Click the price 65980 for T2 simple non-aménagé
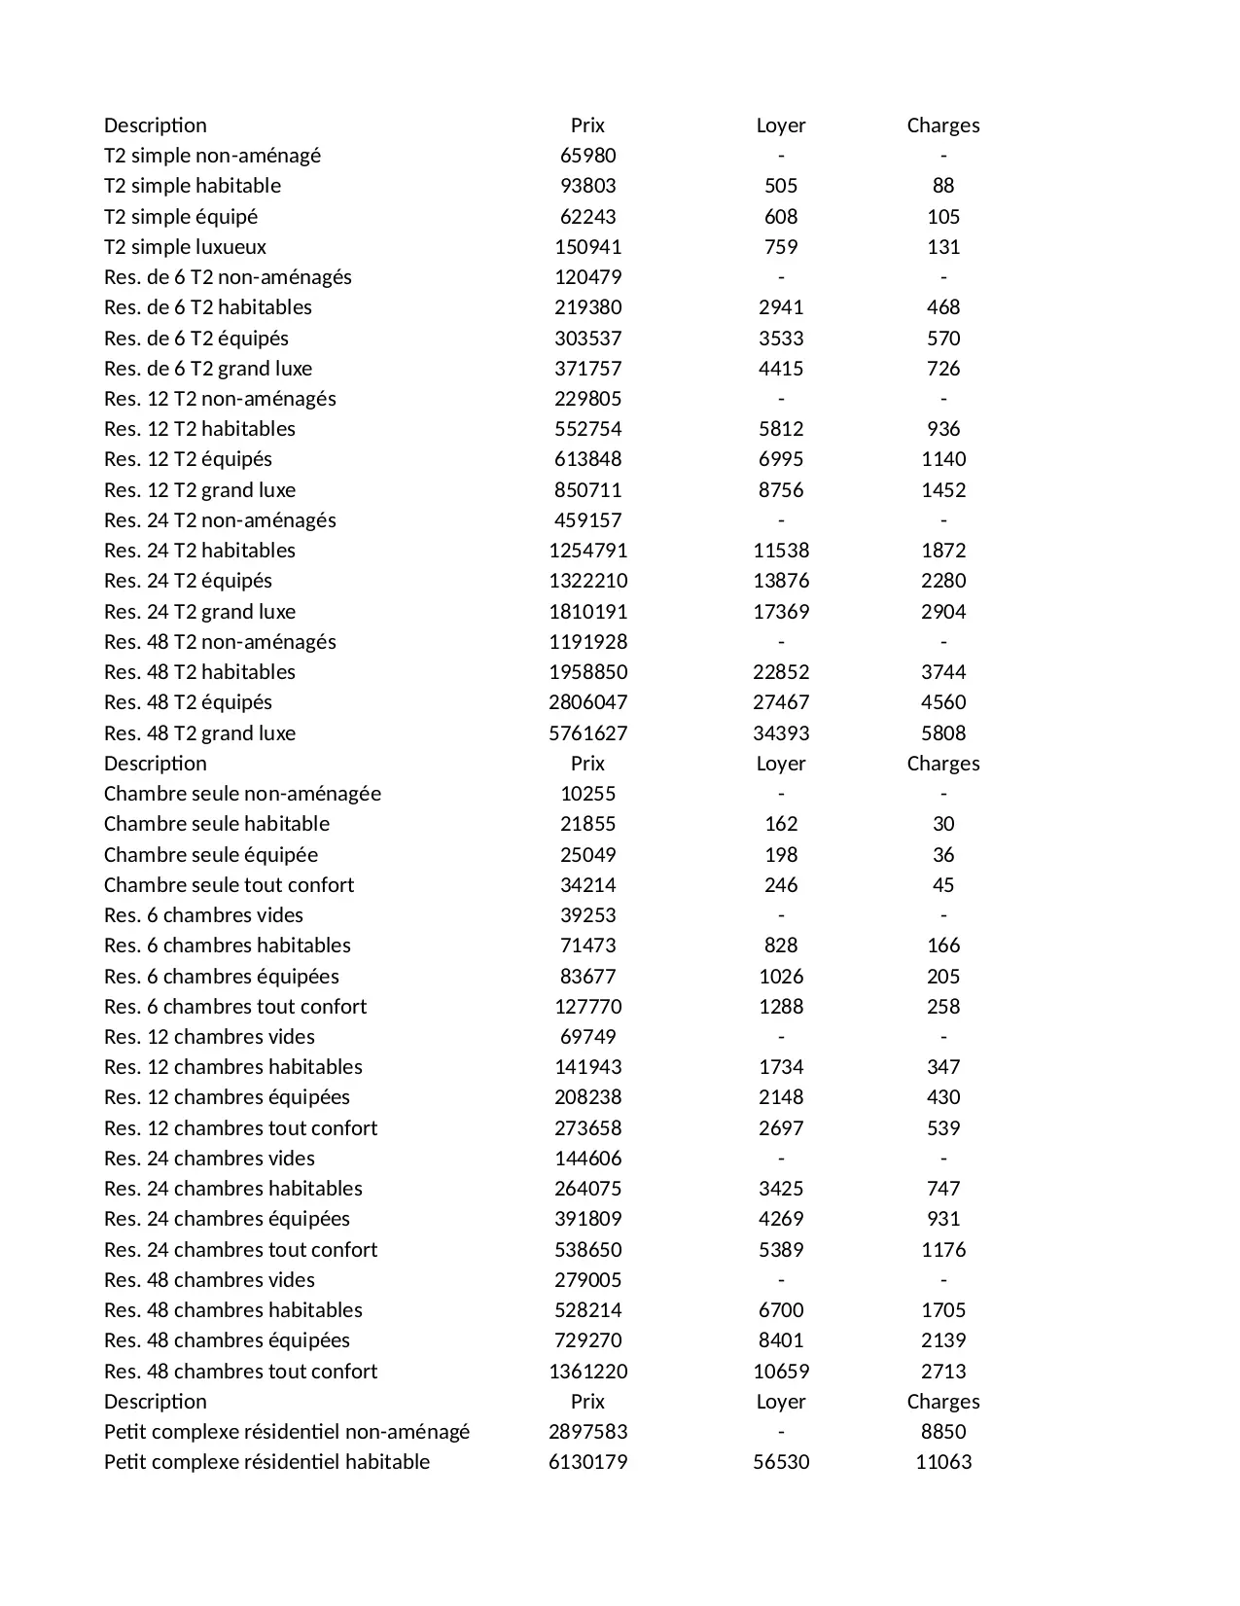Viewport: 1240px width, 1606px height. coord(587,156)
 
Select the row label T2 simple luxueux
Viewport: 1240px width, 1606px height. coord(185,247)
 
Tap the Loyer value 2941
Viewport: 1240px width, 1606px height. coord(781,307)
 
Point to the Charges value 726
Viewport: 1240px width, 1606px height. coord(942,369)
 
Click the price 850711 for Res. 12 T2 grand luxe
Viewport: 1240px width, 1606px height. coord(587,490)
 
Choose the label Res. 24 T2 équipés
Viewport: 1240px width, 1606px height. coord(188,581)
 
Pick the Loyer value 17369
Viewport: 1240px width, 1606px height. coord(781,612)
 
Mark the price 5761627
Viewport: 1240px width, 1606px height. coord(587,733)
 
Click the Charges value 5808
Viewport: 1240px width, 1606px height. coord(942,733)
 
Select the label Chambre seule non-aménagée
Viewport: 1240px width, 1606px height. coord(242,794)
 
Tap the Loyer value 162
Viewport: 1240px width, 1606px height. coord(781,824)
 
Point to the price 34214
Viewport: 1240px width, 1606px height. coord(587,885)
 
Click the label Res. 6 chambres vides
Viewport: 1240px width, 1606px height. coord(203,915)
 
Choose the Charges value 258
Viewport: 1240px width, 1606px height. coord(942,1007)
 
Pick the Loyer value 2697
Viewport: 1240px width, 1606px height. coord(781,1128)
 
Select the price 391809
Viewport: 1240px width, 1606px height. coord(587,1219)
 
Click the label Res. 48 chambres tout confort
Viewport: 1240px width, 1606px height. coord(240,1372)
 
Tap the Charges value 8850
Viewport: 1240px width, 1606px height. coord(942,1432)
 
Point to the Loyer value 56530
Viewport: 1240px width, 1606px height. coord(781,1462)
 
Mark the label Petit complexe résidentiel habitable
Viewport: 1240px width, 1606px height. coord(266,1462)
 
